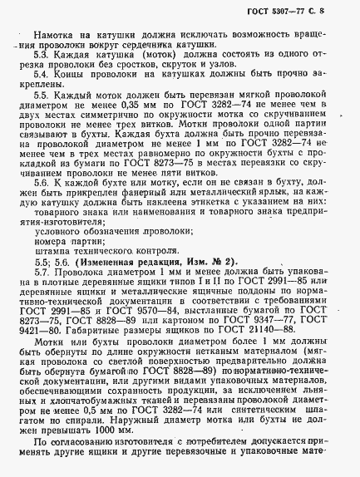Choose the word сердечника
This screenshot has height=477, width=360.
163,52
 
